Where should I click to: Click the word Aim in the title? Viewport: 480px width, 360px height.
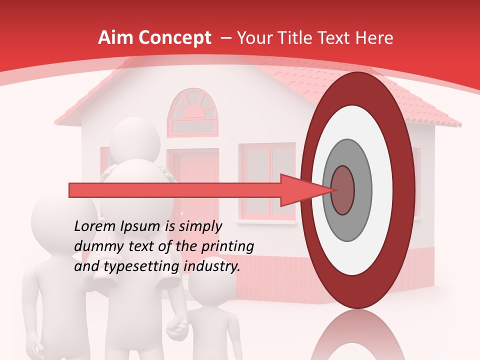click(x=115, y=38)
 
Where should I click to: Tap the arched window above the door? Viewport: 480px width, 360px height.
click(x=192, y=112)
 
